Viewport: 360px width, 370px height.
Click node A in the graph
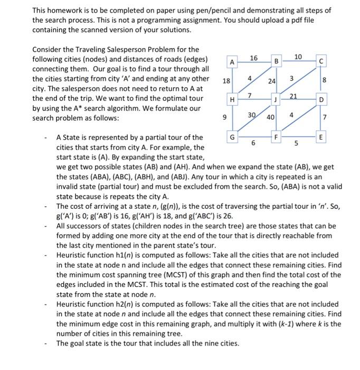coord(231,62)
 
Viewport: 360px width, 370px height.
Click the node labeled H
coord(231,99)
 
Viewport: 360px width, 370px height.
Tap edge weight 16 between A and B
coord(253,57)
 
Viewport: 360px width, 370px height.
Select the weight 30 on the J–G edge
coord(252,115)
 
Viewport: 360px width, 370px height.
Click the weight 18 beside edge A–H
coord(226,81)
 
